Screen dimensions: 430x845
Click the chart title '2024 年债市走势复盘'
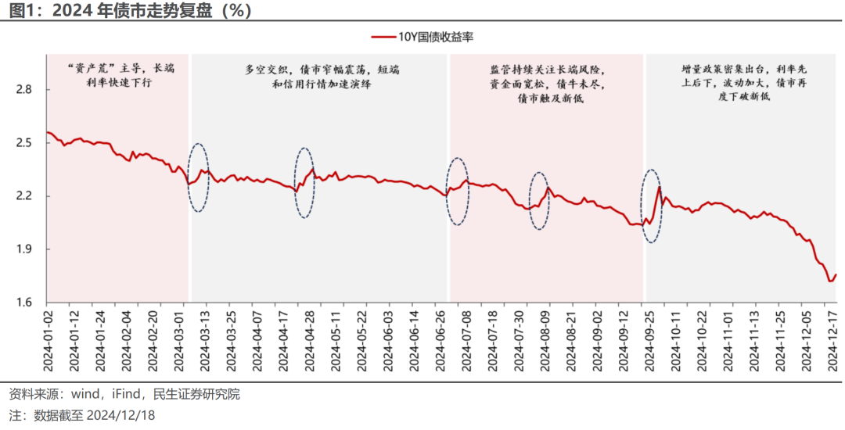point(137,11)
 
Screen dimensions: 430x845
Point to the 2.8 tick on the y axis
point(23,90)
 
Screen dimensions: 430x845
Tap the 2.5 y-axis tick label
point(23,143)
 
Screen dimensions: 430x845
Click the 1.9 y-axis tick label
point(23,249)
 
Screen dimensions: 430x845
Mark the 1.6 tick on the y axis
point(23,303)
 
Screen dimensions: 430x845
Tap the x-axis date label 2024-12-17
point(832,341)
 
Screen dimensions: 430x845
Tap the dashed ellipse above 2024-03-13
point(200,177)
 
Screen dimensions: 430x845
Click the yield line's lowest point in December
point(830,281)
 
